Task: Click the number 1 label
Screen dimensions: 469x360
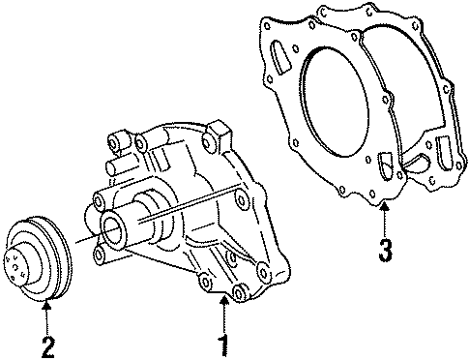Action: click(x=223, y=342)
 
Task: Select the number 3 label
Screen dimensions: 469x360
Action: click(x=386, y=252)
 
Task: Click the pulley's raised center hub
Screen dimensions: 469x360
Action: click(x=21, y=261)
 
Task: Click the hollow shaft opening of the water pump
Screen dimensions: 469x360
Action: click(x=114, y=231)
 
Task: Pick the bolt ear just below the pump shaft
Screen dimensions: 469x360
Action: click(x=102, y=255)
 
